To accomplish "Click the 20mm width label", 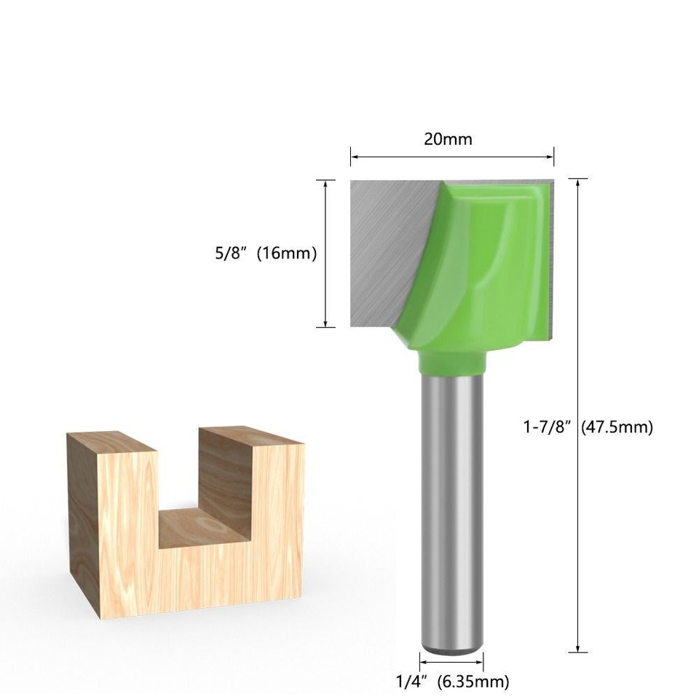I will point(449,139).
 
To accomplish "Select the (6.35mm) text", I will point(474,682).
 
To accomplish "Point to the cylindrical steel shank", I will point(453,510).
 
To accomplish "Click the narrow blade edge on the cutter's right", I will point(550,255).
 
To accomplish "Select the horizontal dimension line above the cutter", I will point(451,155).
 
